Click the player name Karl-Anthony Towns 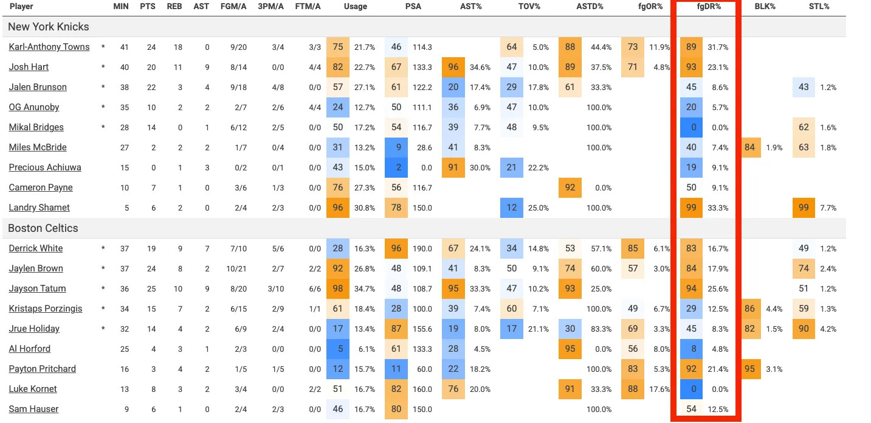(x=49, y=47)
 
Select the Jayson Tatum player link (x=37, y=288)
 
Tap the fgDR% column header (x=708, y=7)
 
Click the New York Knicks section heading (x=49, y=27)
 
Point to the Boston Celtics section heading (x=43, y=228)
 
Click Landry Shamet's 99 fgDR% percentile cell (x=691, y=208)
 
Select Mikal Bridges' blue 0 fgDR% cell (x=691, y=127)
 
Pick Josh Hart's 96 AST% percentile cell (x=453, y=67)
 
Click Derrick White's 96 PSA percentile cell (x=396, y=248)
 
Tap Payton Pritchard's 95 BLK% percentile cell (x=749, y=369)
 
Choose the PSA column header (x=413, y=7)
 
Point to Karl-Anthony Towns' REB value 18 (x=173, y=47)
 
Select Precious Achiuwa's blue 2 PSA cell (x=396, y=167)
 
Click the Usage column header (x=356, y=7)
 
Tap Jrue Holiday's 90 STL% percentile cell (x=804, y=329)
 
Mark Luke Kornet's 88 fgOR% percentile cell (x=633, y=389)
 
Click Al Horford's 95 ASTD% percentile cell (x=570, y=349)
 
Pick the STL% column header (x=818, y=7)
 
